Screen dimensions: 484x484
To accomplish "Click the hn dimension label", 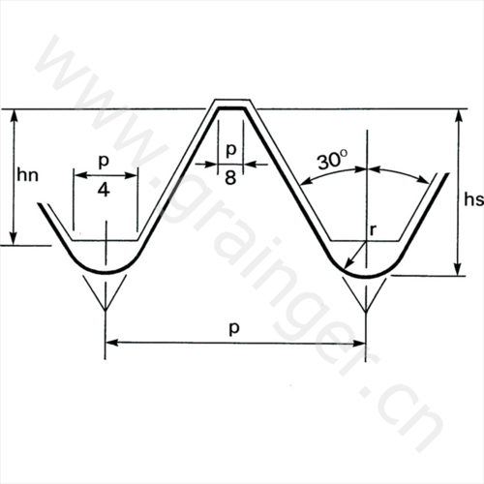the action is (x=28, y=175).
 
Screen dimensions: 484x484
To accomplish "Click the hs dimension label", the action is (x=473, y=199).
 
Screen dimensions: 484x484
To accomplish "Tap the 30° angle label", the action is (x=333, y=161).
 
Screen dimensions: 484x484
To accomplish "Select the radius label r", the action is (x=373, y=230).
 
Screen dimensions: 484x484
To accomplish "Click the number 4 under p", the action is (x=104, y=191).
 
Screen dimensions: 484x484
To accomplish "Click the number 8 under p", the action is (x=230, y=177).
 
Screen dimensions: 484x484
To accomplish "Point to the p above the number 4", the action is (x=104, y=161).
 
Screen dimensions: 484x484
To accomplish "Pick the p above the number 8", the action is (x=231, y=149).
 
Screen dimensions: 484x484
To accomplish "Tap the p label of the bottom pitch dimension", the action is (x=234, y=328).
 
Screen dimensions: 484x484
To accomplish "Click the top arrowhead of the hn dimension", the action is (x=14, y=115).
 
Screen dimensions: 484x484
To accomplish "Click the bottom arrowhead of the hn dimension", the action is (x=14, y=239).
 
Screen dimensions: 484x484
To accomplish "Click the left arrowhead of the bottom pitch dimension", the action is (x=111, y=343).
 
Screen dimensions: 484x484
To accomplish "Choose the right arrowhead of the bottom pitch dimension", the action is (x=359, y=344).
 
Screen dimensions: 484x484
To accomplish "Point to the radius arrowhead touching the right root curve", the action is (x=348, y=264).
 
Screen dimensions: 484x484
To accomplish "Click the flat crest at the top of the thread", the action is (x=232, y=108).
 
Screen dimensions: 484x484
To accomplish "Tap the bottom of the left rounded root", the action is (x=106, y=273).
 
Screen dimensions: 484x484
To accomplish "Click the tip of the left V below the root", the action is (x=106, y=310).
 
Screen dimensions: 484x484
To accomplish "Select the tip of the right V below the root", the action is (x=366, y=312).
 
